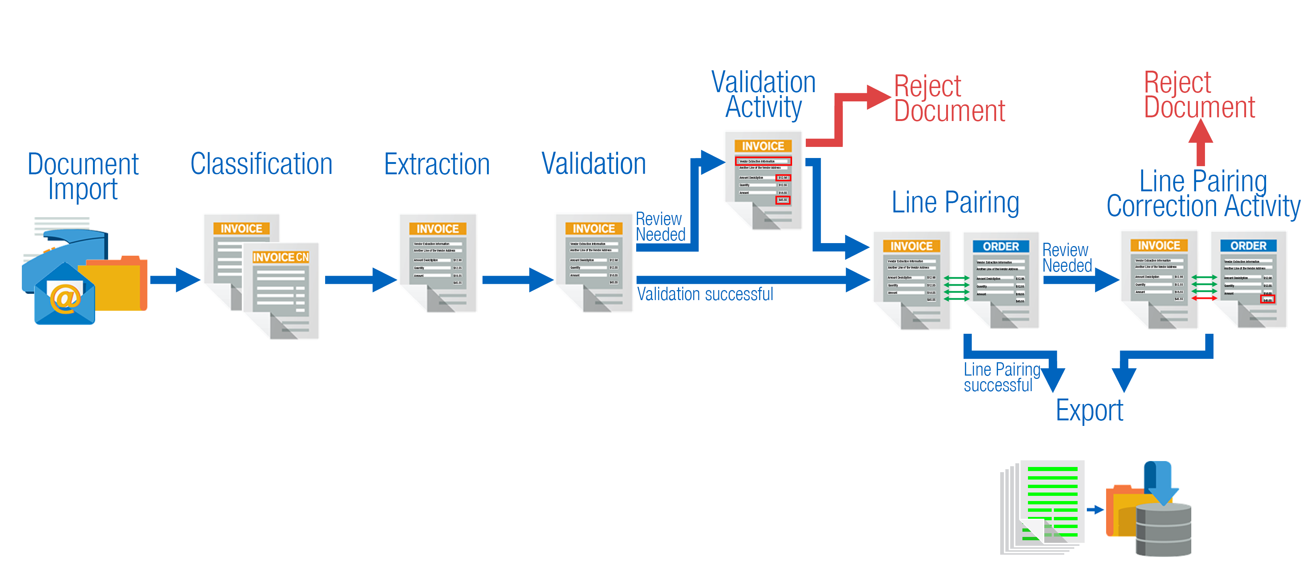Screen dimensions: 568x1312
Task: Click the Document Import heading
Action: point(83,177)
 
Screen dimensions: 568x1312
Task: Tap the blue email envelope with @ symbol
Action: point(65,297)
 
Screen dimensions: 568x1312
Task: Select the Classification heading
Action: point(261,164)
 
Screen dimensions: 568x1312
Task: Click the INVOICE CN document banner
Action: point(281,258)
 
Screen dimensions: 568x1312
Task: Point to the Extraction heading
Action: point(437,164)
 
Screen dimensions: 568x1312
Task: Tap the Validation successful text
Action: point(705,294)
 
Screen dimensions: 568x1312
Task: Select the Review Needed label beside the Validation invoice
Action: point(660,227)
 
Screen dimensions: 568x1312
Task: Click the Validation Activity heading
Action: point(764,95)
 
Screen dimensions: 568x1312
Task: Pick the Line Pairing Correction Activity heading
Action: point(1203,194)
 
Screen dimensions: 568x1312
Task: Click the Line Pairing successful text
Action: point(1001,377)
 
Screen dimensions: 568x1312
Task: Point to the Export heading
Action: point(1089,411)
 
